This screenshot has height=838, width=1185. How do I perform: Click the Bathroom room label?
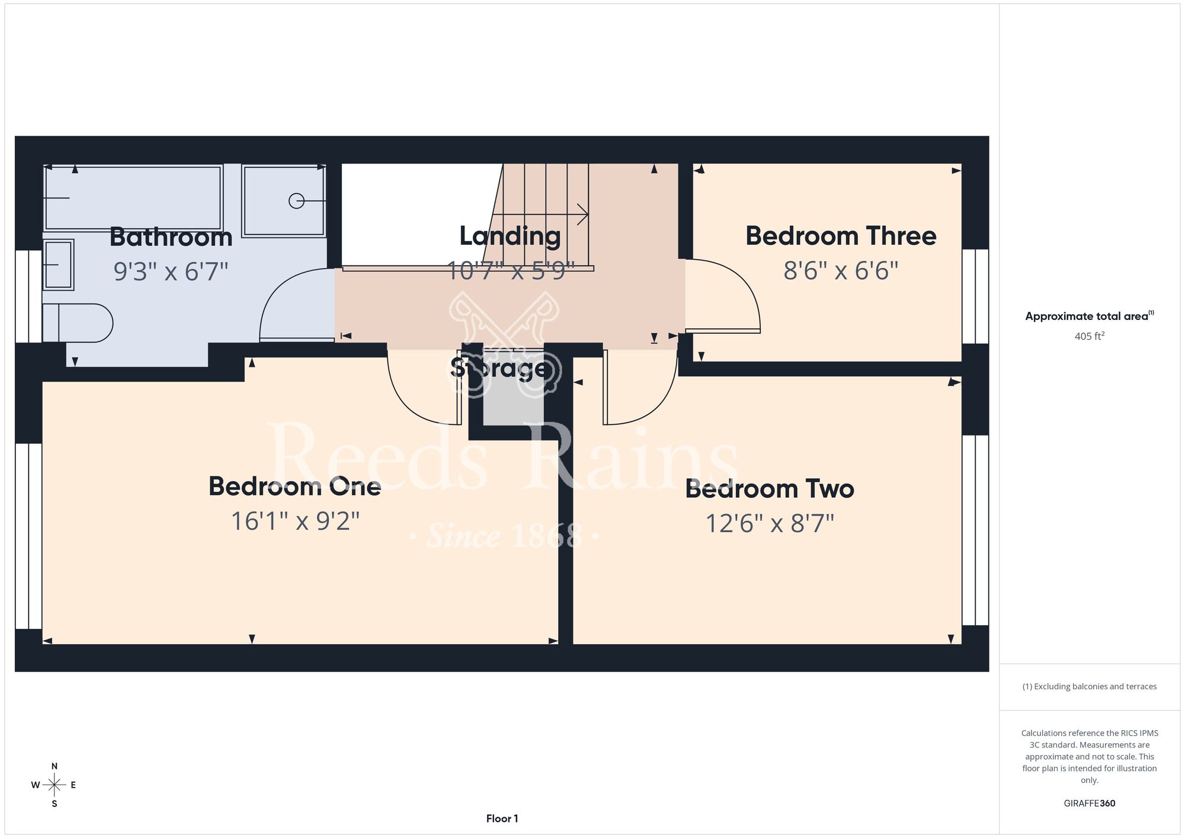[x=171, y=237]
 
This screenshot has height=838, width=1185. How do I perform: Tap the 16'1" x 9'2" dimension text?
[x=295, y=522]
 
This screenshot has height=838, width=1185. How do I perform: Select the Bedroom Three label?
[x=841, y=235]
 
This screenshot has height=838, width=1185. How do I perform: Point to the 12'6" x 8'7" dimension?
[x=770, y=524]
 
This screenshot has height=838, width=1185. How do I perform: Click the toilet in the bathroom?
[x=78, y=323]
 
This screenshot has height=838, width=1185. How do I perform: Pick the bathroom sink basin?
[x=58, y=264]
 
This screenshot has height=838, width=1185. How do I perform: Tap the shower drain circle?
[x=296, y=201]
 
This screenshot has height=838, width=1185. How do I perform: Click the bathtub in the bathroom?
[x=133, y=198]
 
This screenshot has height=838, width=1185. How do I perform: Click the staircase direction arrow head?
[x=583, y=215]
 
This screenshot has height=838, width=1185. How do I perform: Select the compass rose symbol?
[x=54, y=785]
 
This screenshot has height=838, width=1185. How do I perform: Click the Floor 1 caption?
[x=502, y=818]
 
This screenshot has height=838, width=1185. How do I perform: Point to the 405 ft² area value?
[x=1089, y=336]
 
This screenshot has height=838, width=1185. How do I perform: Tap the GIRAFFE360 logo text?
[x=1089, y=804]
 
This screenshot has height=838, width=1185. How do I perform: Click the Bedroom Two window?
[x=975, y=530]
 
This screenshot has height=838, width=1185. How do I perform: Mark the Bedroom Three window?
[x=975, y=296]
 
